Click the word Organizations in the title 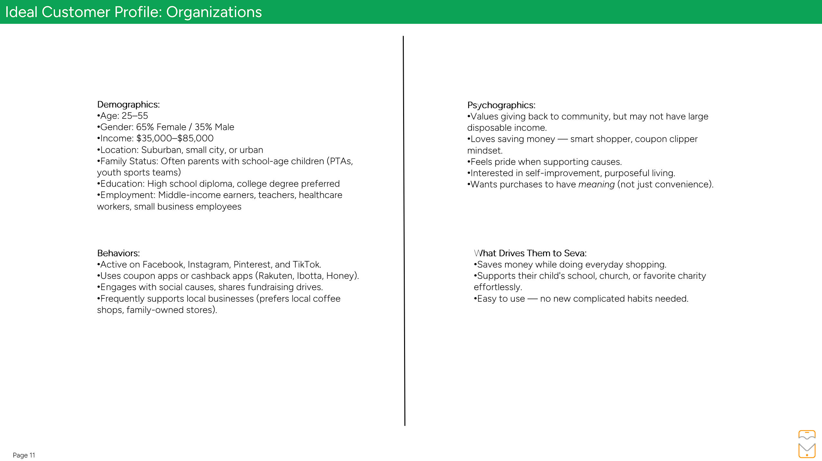tap(214, 12)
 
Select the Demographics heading tap(128, 105)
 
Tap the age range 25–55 tap(134, 116)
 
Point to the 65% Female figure tap(161, 127)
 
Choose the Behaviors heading tap(118, 253)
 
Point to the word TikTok tap(306, 265)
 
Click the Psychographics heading tap(501, 105)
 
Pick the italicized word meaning tap(596, 184)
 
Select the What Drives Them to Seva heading tap(530, 253)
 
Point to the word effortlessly tap(497, 287)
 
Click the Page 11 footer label tap(24, 455)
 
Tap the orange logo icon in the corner tap(807, 444)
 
